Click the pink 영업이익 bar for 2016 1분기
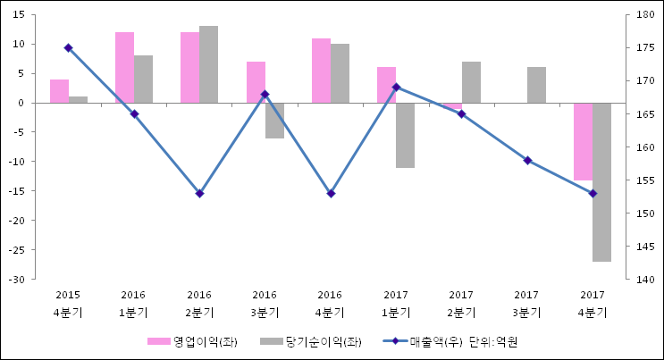click(124, 67)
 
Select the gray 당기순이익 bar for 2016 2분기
click(208, 64)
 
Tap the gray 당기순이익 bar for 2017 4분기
click(601, 181)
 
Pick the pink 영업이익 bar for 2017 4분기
click(583, 141)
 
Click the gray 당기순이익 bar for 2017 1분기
click(405, 135)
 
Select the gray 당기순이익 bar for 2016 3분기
click(274, 121)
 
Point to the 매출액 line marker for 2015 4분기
click(68, 48)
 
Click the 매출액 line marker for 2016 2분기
click(199, 193)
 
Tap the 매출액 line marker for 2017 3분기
click(527, 160)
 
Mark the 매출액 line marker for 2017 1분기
click(396, 87)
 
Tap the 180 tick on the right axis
click(643, 15)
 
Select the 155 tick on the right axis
click(643, 180)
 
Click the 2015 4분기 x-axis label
click(68, 303)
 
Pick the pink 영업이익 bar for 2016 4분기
click(321, 71)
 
